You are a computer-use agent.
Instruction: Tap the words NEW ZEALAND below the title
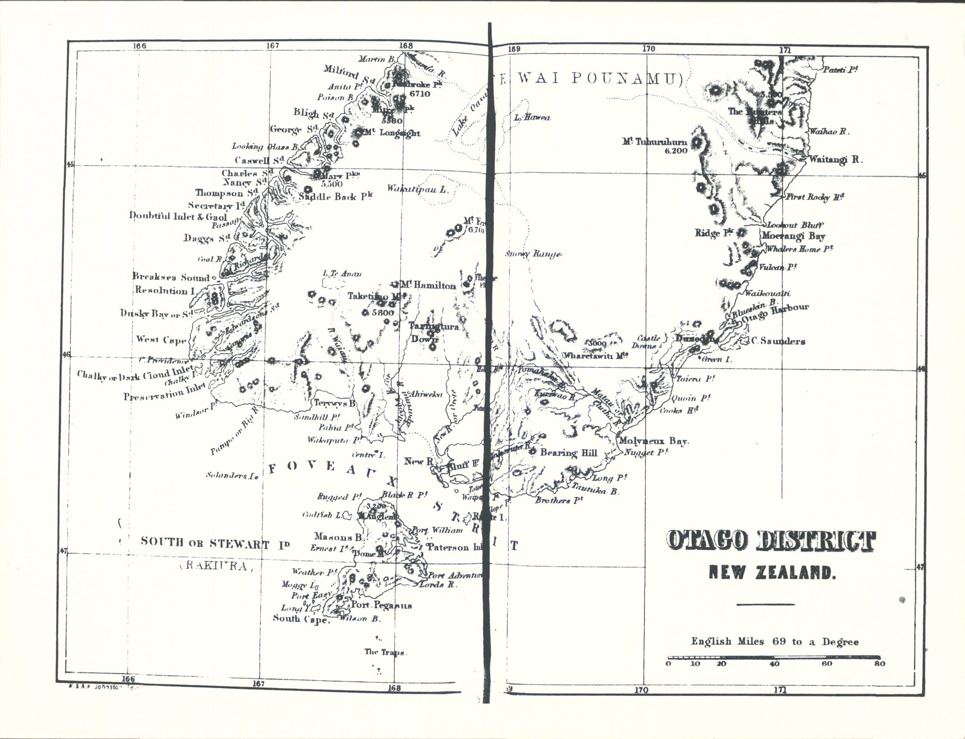point(772,573)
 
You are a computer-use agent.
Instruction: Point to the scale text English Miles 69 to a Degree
point(774,641)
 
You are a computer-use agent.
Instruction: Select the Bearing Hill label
point(569,453)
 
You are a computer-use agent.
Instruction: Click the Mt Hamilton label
point(428,286)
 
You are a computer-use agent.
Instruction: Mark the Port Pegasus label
point(381,605)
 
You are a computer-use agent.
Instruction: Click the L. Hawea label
point(532,117)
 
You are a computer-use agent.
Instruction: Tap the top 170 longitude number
point(648,49)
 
